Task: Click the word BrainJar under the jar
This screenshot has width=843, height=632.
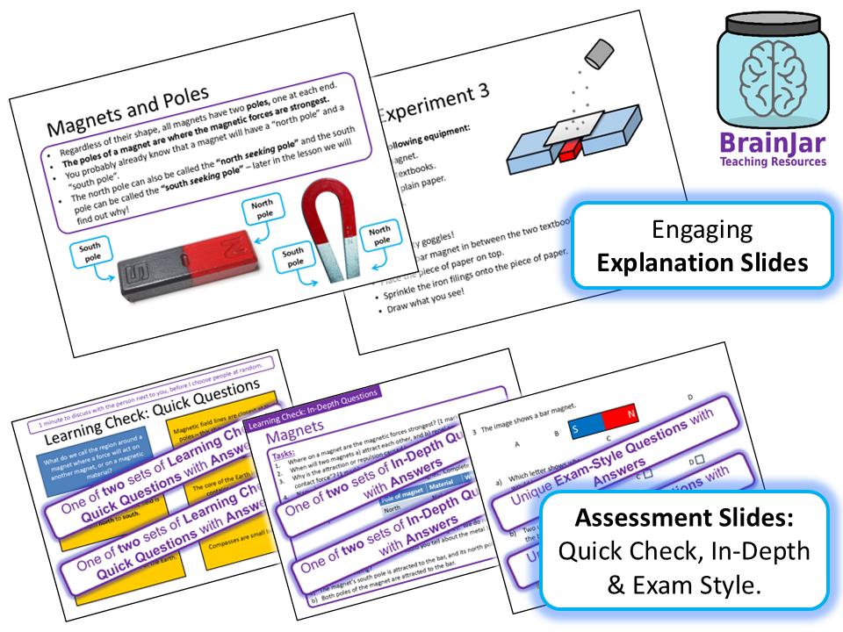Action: point(772,143)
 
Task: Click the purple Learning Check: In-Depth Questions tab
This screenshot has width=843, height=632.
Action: point(313,406)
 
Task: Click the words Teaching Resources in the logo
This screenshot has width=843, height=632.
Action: point(772,162)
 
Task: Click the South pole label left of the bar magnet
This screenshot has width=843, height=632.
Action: point(92,254)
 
